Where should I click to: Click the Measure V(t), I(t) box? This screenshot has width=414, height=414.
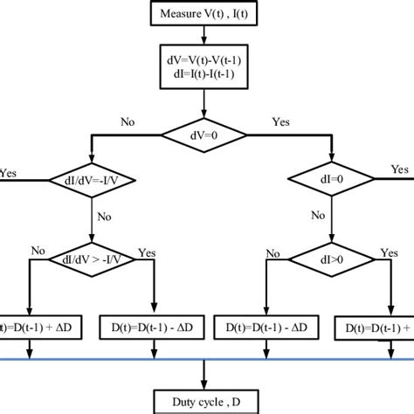(x=205, y=14)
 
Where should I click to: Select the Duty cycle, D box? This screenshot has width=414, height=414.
(x=205, y=402)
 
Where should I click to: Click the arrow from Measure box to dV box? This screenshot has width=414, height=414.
(x=205, y=37)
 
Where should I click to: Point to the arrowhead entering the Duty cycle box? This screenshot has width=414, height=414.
(x=205, y=384)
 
